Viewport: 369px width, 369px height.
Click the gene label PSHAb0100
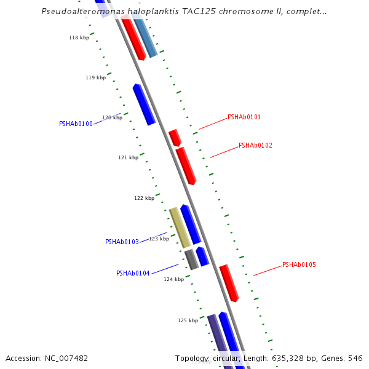pyautogui.click(x=76, y=124)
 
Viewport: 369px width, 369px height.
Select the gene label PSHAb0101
pyautogui.click(x=244, y=117)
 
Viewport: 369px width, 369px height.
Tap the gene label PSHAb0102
pyautogui.click(x=255, y=146)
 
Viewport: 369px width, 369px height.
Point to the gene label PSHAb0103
pyautogui.click(x=122, y=242)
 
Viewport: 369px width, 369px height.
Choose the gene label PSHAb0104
pyautogui.click(x=133, y=274)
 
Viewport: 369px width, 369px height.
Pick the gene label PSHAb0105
pyautogui.click(x=299, y=265)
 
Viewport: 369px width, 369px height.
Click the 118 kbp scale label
pyautogui.click(x=79, y=38)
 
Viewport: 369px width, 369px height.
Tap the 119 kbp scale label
pyautogui.click(x=95, y=78)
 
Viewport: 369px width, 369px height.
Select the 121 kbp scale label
pyautogui.click(x=128, y=158)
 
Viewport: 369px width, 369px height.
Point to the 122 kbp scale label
pyautogui.click(x=144, y=198)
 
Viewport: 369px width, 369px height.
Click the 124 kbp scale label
pyautogui.click(x=173, y=280)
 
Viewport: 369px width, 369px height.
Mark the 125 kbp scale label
pyautogui.click(x=188, y=320)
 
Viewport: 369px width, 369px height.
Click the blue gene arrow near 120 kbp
pyautogui.click(x=144, y=105)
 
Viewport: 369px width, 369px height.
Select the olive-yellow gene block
pyautogui.click(x=180, y=228)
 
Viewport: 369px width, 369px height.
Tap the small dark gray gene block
pyautogui.click(x=191, y=260)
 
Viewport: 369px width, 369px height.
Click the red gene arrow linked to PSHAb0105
pyautogui.click(x=229, y=283)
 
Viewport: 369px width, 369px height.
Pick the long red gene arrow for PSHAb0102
pyautogui.click(x=185, y=165)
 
